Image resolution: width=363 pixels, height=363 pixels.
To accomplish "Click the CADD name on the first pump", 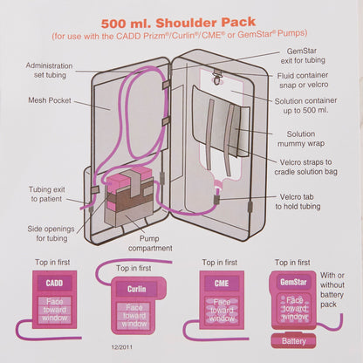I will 54,284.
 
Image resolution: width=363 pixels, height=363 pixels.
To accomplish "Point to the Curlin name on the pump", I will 135,289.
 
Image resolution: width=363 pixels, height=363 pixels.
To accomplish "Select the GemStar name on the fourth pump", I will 292,283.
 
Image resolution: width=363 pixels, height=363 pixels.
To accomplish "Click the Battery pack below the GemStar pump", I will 295,340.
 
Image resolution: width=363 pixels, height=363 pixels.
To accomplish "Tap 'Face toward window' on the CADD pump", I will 54,312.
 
